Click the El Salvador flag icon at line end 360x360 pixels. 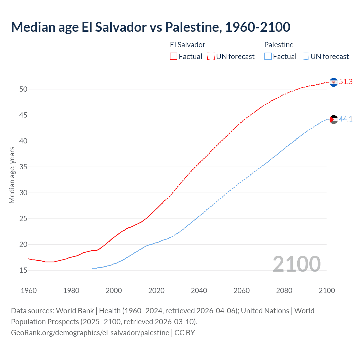click(334, 82)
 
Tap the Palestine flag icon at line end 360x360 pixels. click(334, 119)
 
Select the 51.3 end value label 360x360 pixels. click(346, 82)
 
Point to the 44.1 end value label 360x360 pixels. click(346, 119)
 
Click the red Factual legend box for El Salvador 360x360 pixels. click(174, 57)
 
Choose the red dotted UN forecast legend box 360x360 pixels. click(211, 57)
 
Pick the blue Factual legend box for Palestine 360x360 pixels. click(268, 57)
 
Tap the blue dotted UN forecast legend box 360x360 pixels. click(305, 57)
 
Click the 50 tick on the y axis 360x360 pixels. click(23, 89)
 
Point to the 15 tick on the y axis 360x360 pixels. click(23, 271)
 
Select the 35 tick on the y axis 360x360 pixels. click(23, 167)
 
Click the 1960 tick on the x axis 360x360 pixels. click(29, 291)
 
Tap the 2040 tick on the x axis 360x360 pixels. click(199, 291)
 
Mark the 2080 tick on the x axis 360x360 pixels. click(284, 291)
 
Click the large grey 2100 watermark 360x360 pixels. click(296, 264)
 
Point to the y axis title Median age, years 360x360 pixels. click(12, 175)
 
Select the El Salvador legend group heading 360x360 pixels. click(188, 45)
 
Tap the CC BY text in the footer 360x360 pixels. click(184, 333)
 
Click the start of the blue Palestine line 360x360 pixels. click(93, 268)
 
